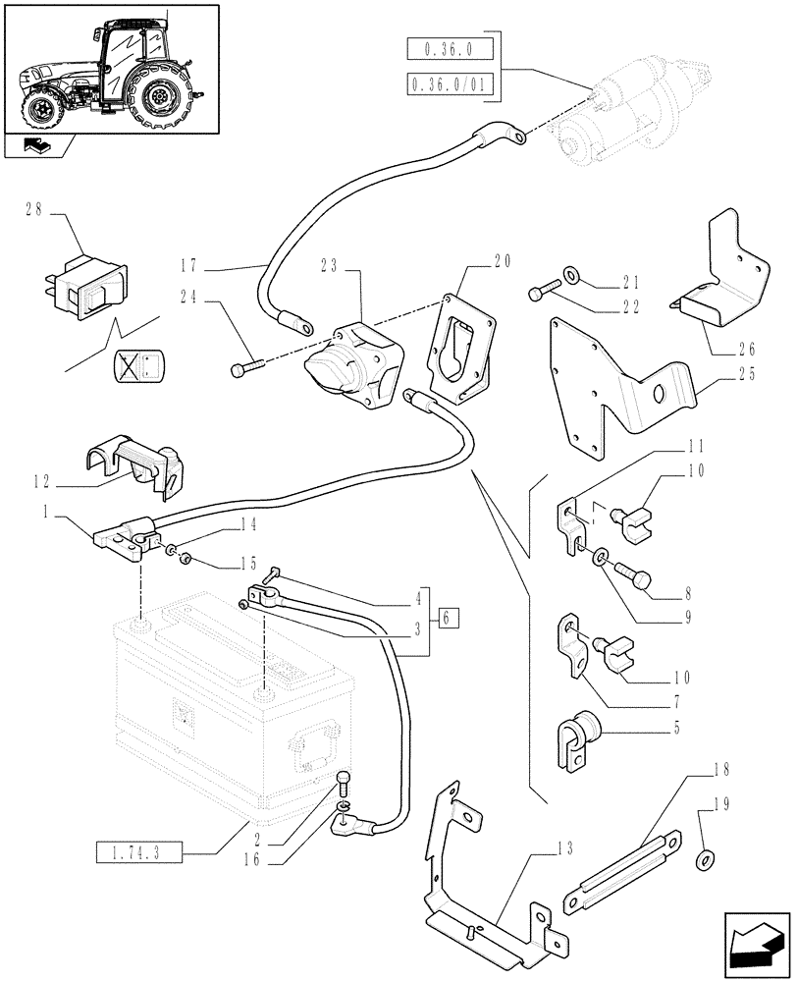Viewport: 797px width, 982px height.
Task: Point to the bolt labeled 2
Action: [343, 782]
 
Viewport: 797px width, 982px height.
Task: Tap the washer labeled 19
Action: [704, 861]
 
